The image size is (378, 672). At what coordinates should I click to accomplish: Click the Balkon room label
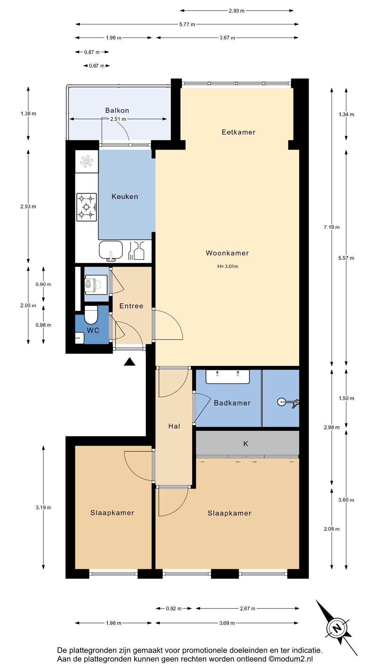[117, 110]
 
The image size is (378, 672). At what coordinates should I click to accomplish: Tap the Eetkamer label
[239, 132]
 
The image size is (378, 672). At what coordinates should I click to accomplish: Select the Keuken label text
[125, 196]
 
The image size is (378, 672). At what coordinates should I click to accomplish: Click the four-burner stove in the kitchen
[86, 207]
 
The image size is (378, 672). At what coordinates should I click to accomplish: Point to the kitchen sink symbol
[111, 251]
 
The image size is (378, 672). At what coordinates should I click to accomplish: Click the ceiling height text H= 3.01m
[228, 266]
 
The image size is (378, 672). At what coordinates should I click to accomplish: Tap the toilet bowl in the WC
[91, 315]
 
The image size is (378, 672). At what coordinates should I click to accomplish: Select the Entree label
[131, 306]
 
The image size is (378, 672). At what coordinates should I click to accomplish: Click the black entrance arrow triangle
[129, 362]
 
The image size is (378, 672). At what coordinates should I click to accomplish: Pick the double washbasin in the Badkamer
[227, 377]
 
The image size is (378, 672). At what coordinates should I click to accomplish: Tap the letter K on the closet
[246, 444]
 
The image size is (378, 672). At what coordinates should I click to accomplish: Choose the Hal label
[174, 426]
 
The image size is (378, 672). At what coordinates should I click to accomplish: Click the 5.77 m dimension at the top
[187, 24]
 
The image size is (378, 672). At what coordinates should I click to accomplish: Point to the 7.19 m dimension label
[332, 227]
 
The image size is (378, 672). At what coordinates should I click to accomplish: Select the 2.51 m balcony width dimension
[118, 119]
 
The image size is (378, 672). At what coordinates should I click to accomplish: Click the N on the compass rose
[337, 628]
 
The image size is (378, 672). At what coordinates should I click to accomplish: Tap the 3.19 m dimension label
[43, 507]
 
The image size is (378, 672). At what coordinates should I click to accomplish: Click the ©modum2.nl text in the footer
[291, 659]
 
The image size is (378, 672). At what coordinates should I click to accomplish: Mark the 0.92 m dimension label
[174, 609]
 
